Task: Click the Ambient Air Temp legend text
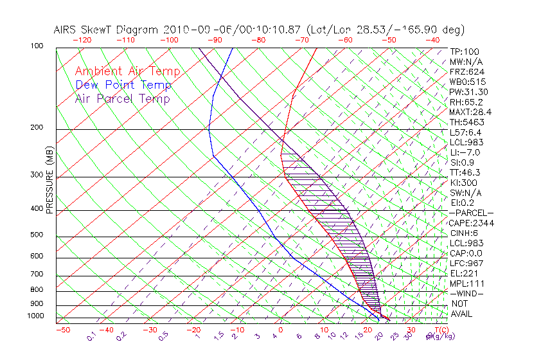pyautogui.click(x=127, y=71)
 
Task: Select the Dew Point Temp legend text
pyautogui.click(x=123, y=85)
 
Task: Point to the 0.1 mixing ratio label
pyautogui.click(x=91, y=335)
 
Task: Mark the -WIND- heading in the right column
pyautogui.click(x=466, y=294)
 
